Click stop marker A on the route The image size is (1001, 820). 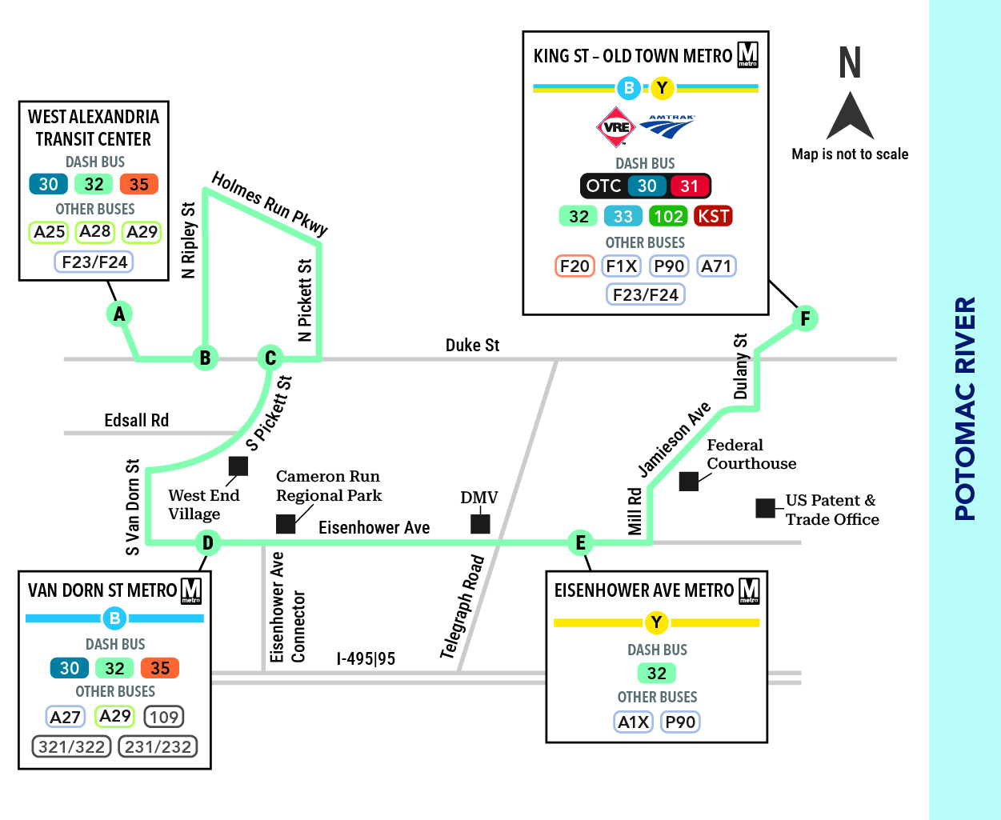pyautogui.click(x=119, y=314)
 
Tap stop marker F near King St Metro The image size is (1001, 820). pyautogui.click(x=805, y=318)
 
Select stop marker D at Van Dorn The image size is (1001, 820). pyautogui.click(x=208, y=542)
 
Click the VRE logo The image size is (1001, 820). pyautogui.click(x=615, y=127)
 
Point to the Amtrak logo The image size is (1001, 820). pyautogui.click(x=667, y=126)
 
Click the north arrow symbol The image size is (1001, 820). pyautogui.click(x=850, y=115)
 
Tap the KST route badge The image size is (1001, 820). pyautogui.click(x=713, y=216)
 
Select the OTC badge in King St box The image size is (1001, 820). pyautogui.click(x=603, y=186)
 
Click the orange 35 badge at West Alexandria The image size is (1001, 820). pyautogui.click(x=138, y=184)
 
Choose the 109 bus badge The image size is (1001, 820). pyautogui.click(x=164, y=717)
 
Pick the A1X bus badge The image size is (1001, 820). pyautogui.click(x=633, y=722)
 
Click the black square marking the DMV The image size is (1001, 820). pyautogui.click(x=480, y=524)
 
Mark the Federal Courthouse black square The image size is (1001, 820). pyautogui.click(x=689, y=481)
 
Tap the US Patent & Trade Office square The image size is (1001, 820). pyautogui.click(x=765, y=508)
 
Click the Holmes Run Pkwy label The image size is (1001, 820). pyautogui.click(x=270, y=203)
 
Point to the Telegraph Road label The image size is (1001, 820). pyautogui.click(x=462, y=607)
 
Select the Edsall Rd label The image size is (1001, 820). pyautogui.click(x=137, y=421)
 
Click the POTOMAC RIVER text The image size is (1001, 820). pyautogui.click(x=965, y=409)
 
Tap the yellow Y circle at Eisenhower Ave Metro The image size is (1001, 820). pyautogui.click(x=656, y=622)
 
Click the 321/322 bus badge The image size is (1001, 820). pyautogui.click(x=72, y=747)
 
